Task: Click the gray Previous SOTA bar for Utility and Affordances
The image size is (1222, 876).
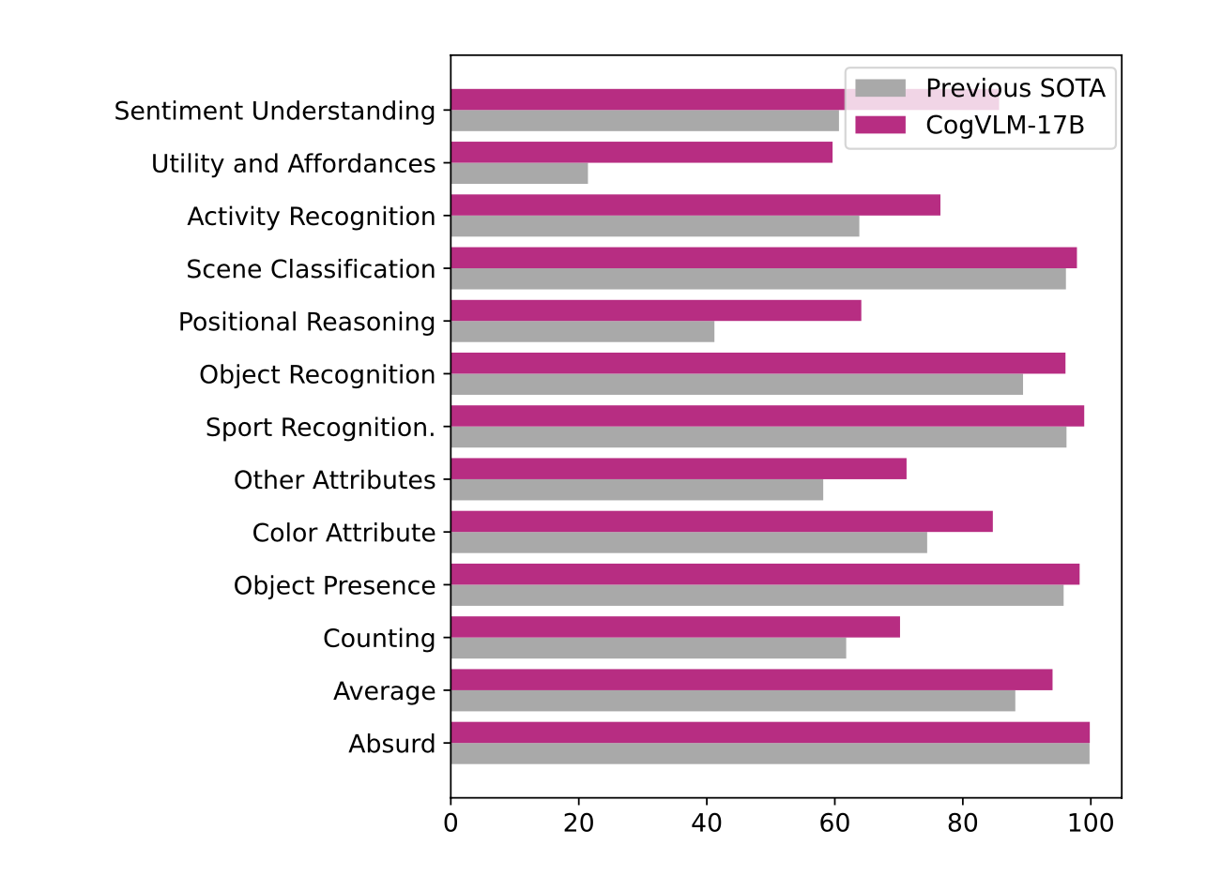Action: point(519,174)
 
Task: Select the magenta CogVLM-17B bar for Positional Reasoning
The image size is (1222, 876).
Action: point(655,310)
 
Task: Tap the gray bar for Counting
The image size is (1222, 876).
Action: point(648,648)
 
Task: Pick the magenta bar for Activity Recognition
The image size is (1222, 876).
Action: point(695,205)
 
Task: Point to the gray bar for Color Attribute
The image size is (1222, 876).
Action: point(688,543)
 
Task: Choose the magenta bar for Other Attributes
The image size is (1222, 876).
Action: point(678,469)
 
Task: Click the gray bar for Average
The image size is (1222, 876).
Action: point(732,701)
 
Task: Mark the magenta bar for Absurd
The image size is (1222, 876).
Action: point(770,733)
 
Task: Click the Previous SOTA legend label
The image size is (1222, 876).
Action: point(1015,88)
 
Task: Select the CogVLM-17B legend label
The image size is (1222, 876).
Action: point(1004,125)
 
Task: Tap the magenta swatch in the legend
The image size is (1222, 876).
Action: point(880,125)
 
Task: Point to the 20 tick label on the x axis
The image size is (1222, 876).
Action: point(579,823)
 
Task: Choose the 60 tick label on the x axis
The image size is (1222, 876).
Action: point(834,823)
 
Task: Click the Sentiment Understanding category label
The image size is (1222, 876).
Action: point(275,111)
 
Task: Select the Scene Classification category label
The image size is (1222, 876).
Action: point(311,269)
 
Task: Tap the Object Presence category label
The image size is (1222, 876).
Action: point(334,585)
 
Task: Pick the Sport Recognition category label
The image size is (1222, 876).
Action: point(320,428)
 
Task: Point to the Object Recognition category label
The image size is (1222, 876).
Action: point(317,375)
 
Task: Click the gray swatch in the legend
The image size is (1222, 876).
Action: point(880,88)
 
